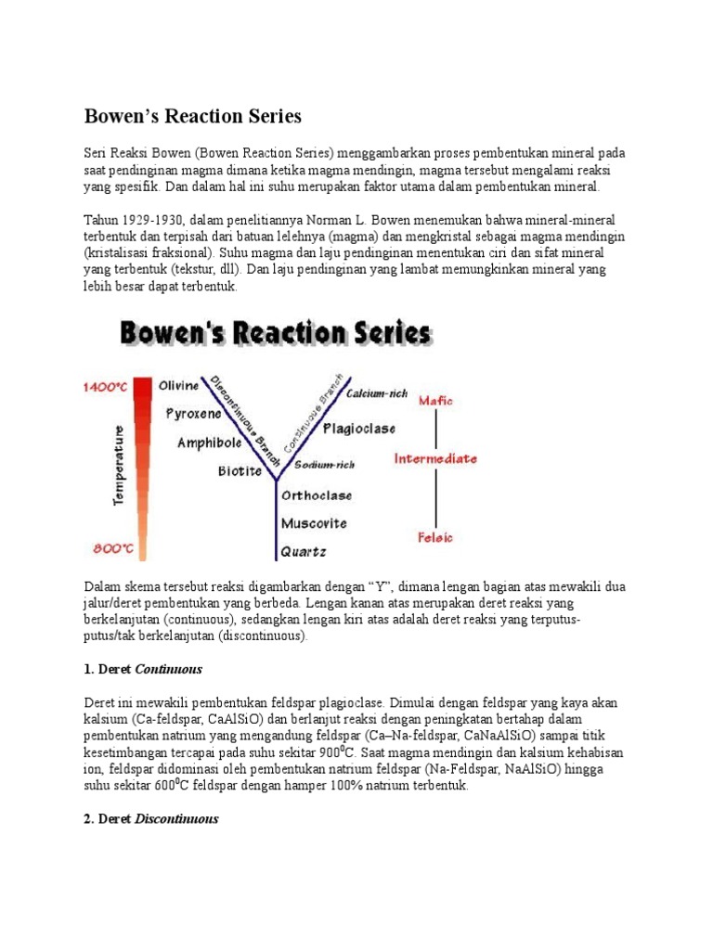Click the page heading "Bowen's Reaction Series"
[x=193, y=117]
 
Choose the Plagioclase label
[x=359, y=429]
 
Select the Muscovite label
[x=314, y=522]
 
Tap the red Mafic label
[x=435, y=400]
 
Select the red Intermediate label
[x=435, y=458]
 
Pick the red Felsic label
[x=435, y=536]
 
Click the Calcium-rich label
[x=376, y=393]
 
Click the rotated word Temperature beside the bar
[x=119, y=466]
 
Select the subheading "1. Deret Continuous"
[x=144, y=668]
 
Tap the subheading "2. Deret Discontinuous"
[x=152, y=819]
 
